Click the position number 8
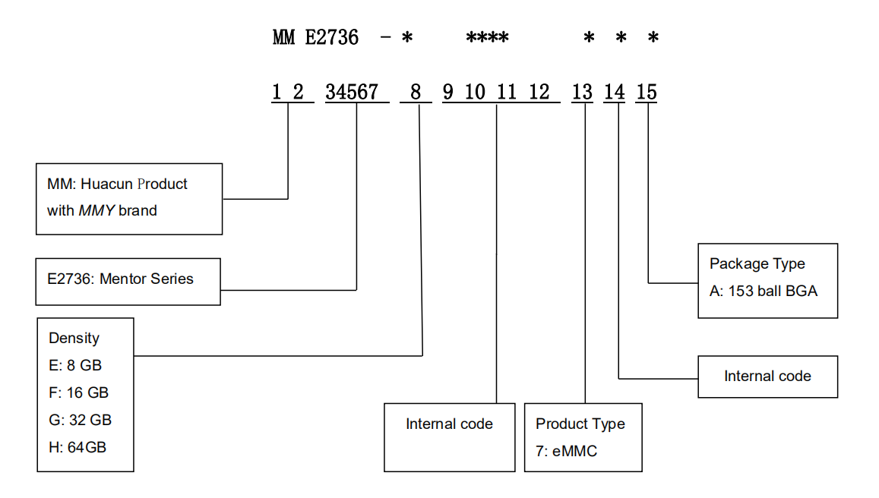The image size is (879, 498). click(x=416, y=93)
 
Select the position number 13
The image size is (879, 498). click(x=582, y=93)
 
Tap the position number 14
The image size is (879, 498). click(x=615, y=93)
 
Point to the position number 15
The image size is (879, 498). click(x=647, y=93)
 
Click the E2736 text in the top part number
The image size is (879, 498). click(x=332, y=37)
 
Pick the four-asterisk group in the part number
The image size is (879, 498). click(x=487, y=37)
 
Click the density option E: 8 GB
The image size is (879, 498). click(x=75, y=365)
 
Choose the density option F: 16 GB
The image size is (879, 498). click(x=78, y=392)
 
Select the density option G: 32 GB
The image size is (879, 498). click(x=80, y=420)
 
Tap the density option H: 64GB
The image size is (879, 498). click(x=77, y=447)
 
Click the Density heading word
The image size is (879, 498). click(x=74, y=338)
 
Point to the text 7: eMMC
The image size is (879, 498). click(x=567, y=451)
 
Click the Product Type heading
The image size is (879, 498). click(x=580, y=424)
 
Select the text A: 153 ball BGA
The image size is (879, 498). click(x=764, y=291)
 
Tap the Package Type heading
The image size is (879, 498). click(x=757, y=263)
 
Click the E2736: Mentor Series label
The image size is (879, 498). click(x=120, y=279)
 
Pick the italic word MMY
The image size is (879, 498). click(x=96, y=211)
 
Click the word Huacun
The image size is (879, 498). click(x=108, y=184)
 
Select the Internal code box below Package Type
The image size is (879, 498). click(x=767, y=377)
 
